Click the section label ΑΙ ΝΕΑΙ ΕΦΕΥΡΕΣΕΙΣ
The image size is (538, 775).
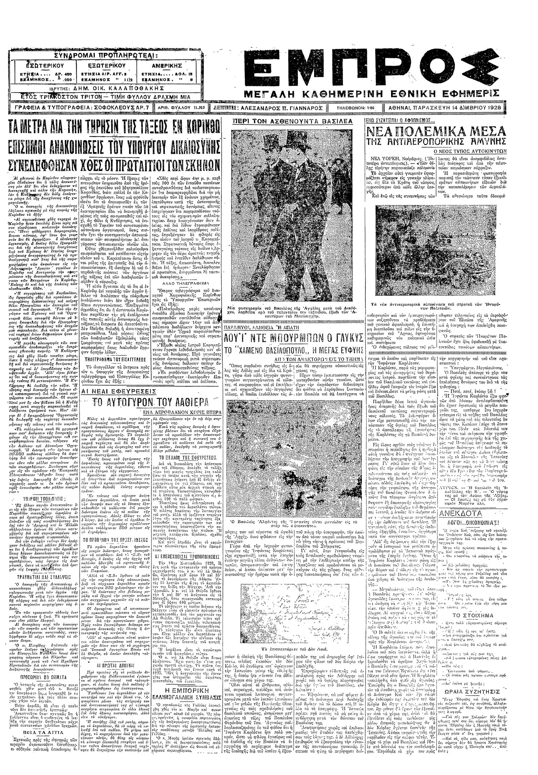pos(118,391)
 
